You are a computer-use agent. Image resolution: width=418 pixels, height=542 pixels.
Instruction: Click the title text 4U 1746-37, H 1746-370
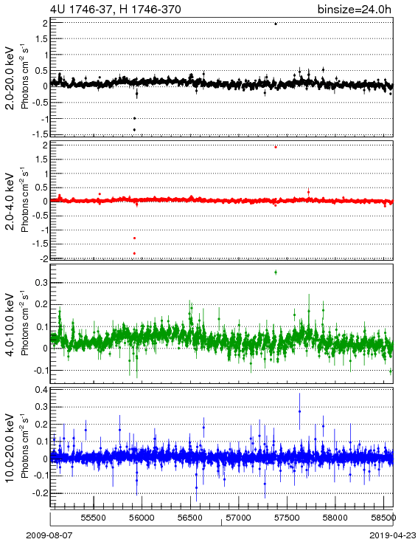pos(115,9)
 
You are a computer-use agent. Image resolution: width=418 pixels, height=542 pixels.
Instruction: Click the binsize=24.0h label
pos(355,9)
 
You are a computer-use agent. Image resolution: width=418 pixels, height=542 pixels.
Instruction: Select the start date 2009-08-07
pos(49,535)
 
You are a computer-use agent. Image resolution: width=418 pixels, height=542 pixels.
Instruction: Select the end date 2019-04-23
pos(393,535)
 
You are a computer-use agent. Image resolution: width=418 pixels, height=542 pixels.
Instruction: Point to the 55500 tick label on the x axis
pos(94,518)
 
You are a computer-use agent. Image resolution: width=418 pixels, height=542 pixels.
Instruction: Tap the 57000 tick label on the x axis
pos(239,518)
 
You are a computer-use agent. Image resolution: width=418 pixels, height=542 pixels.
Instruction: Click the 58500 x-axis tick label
pos(383,518)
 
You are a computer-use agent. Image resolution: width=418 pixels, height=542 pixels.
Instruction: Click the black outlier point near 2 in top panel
pos(276,24)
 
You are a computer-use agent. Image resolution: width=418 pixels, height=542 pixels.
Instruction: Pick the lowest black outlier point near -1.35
pos(134,130)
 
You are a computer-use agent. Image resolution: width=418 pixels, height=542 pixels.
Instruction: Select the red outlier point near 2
pos(276,147)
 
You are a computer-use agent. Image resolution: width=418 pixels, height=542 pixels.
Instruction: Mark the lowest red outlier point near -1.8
pos(134,253)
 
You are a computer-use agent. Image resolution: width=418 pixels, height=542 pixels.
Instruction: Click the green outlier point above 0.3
pos(276,272)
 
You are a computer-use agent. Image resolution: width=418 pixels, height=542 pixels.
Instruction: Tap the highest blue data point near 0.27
pos(299,411)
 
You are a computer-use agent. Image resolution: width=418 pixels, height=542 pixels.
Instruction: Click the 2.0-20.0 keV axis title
pos(10,78)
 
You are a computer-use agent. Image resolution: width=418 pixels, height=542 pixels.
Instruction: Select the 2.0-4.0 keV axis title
pos(10,201)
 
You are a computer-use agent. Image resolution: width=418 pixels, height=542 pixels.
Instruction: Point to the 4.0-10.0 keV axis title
pos(10,325)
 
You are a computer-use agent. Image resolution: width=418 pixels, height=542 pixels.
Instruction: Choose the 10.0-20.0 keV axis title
pos(10,448)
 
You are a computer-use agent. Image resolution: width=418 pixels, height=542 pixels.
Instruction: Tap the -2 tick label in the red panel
pos(43,258)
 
